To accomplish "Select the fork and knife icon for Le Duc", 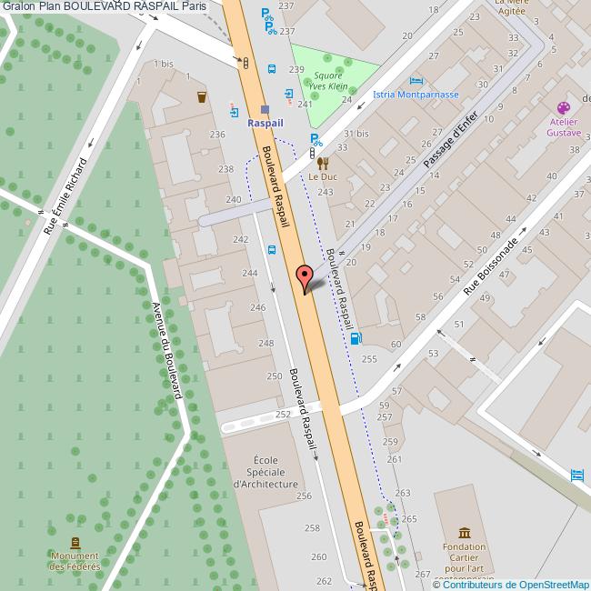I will [323, 163].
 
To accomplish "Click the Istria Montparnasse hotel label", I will [416, 95].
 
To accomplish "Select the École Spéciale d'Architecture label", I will [266, 472].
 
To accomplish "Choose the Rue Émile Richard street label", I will [66, 195].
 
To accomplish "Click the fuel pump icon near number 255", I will [355, 340].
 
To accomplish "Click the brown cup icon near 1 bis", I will [201, 95].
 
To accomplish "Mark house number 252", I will [283, 413].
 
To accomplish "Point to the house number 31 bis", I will [356, 133].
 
